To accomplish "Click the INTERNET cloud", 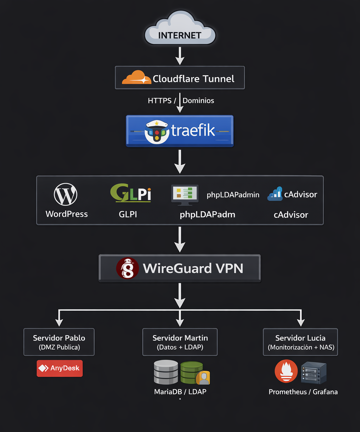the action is pos(180,28).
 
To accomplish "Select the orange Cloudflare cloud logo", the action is pos(136,77).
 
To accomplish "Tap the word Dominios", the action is pos(198,100).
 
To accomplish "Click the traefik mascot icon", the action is pos(157,132).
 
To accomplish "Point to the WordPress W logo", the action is pos(65,194).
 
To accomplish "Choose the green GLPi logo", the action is pos(130,193).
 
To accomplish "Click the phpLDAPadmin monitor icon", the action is pos(185,195).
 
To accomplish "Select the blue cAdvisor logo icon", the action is pos(275,194).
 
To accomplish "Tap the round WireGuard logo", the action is pos(127,268).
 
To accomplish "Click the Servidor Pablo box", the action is pos(59,342).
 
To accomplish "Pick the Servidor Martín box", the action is pos(180,342).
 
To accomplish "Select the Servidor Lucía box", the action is pos(300,342).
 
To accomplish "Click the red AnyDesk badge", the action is pos(60,368).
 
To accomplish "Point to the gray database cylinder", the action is pos(166,372).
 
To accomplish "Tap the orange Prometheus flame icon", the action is pos(286,371).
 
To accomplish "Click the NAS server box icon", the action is pos(314,373).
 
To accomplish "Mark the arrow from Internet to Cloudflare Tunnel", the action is pos(180,56).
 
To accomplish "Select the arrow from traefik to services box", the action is pos(180,162).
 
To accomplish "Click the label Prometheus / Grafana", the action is pos(303,392).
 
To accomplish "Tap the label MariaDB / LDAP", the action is pos(180,392).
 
